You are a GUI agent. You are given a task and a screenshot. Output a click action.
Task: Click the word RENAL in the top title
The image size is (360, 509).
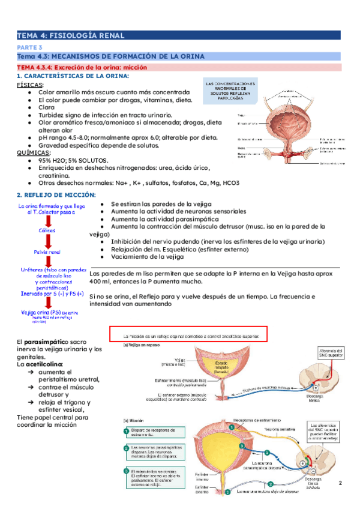click(x=110, y=35)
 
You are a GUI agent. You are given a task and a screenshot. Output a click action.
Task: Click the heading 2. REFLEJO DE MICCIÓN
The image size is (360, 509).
click(x=56, y=195)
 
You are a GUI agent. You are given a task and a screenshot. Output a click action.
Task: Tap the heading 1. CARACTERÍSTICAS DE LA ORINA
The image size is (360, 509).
click(x=73, y=76)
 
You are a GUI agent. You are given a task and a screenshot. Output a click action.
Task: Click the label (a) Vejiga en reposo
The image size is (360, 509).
click(x=142, y=346)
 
